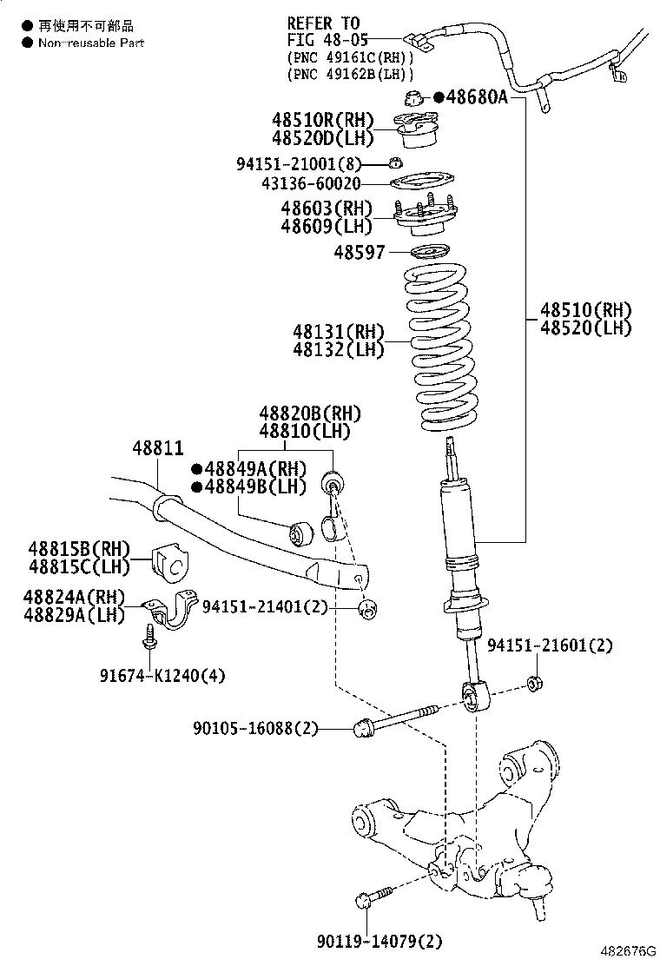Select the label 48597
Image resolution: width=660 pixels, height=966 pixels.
point(359,252)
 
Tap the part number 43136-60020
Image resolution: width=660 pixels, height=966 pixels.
point(310,183)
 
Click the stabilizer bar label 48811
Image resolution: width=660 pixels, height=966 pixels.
point(157,449)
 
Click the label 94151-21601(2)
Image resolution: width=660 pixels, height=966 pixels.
point(550,645)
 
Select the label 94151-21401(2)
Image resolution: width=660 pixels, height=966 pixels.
point(265,607)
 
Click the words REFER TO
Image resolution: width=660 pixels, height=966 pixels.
point(322,23)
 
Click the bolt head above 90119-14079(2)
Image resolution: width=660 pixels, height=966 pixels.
point(365,900)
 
